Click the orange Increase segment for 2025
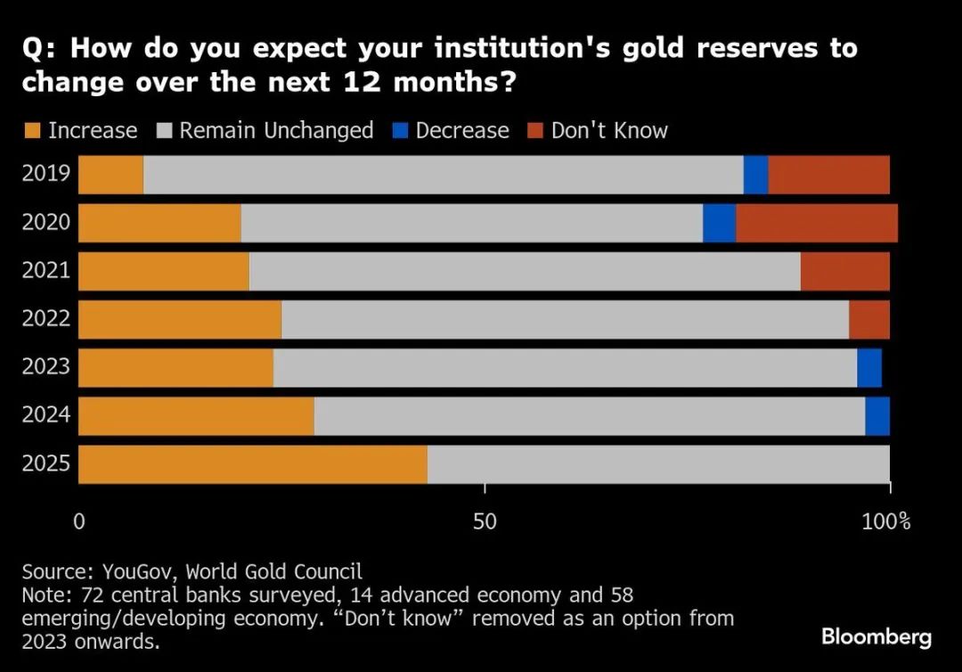click(x=253, y=463)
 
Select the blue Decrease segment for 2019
click(x=755, y=175)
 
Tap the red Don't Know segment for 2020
click(x=816, y=223)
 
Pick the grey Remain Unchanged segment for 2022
click(x=565, y=319)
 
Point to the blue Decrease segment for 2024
click(x=877, y=415)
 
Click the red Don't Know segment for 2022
click(x=868, y=319)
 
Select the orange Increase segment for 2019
click(x=110, y=175)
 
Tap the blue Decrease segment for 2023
click(x=868, y=367)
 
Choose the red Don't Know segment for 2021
click(x=844, y=271)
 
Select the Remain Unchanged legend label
click(x=276, y=130)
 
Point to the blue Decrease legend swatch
click(x=400, y=131)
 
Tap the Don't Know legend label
click(x=609, y=130)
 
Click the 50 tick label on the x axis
click(x=485, y=520)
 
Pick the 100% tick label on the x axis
click(x=886, y=520)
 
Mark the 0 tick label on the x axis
click(x=78, y=520)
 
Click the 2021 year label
click(x=46, y=270)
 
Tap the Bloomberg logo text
click(x=876, y=636)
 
